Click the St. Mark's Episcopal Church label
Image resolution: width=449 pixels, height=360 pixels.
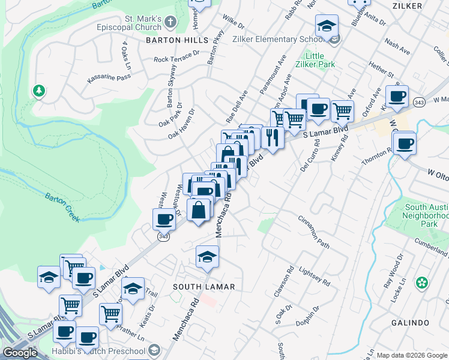129,23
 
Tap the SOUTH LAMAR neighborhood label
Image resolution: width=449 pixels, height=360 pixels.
204,287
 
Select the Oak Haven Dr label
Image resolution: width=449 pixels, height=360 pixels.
182,124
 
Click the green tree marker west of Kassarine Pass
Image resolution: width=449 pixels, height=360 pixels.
40,91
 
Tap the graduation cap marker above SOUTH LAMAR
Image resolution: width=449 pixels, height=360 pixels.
207,256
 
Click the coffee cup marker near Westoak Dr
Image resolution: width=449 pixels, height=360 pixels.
164,218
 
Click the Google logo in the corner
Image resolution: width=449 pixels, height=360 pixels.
20,353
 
